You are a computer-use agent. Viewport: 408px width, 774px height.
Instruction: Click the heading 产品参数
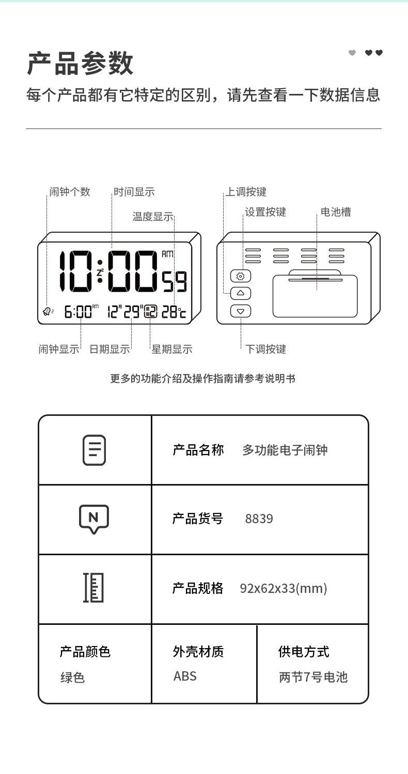pos(80,64)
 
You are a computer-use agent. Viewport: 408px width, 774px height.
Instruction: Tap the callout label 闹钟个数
pos(70,192)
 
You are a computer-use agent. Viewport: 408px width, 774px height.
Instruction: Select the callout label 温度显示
pos(153,217)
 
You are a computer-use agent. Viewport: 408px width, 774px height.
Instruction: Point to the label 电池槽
pos(336,212)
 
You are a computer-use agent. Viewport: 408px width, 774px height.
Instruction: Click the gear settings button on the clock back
pos(240,277)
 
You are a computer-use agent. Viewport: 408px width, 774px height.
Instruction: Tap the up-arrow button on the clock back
pos(240,293)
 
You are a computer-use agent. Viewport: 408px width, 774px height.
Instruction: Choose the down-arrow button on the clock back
pos(240,311)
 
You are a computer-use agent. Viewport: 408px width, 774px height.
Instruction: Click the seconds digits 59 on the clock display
pos(175,282)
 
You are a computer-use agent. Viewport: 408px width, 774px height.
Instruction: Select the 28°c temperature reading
pos(174,311)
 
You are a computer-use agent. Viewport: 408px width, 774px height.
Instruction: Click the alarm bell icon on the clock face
pos(47,311)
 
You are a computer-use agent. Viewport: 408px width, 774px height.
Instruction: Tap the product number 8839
pos(259,519)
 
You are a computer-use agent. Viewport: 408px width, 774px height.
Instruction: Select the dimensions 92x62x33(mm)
pos(283,588)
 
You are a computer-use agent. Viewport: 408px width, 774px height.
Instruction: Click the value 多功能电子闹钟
pos(285,450)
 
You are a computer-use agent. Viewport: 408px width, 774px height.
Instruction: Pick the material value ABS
pos(185,676)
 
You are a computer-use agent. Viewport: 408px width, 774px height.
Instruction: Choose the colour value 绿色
pos(72,677)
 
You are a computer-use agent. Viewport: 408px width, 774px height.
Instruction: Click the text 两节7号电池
pos(313,677)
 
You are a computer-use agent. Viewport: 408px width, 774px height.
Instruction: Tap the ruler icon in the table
pos(94,588)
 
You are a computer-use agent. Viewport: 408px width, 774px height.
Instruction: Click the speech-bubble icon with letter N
pos(94,519)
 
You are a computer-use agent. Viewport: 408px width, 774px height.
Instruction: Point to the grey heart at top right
pos(352,53)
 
